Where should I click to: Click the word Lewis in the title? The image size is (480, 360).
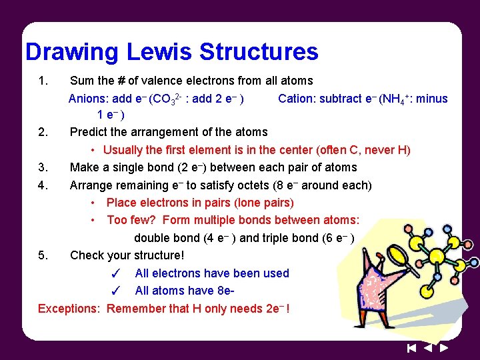[x=158, y=51]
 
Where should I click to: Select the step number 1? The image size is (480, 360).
[x=43, y=81]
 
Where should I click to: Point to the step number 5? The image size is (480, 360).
[x=43, y=255]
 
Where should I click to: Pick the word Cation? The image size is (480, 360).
[x=295, y=99]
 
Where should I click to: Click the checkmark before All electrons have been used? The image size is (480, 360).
[x=115, y=273]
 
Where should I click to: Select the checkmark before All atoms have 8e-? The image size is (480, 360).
[x=115, y=291]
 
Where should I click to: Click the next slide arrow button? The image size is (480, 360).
[x=444, y=347]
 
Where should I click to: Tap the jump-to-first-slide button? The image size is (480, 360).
[x=411, y=347]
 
